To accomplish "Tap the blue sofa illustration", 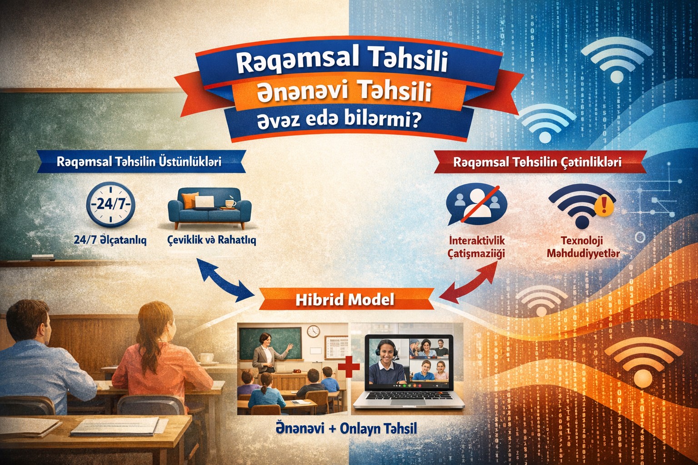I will tap(209, 209).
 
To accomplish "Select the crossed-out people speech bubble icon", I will tap(476, 205).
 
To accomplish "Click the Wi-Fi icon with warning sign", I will tap(583, 206).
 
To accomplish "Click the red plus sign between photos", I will tap(349, 367).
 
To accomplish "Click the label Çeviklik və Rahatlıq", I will tap(212, 240).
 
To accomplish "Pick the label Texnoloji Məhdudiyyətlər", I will tap(583, 247).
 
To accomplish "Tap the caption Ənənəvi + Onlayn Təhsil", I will tap(346, 429).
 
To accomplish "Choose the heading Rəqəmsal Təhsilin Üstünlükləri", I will tap(139, 162).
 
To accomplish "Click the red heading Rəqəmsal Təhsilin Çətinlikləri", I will tap(537, 162).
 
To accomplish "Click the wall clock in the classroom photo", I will tap(313, 331).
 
